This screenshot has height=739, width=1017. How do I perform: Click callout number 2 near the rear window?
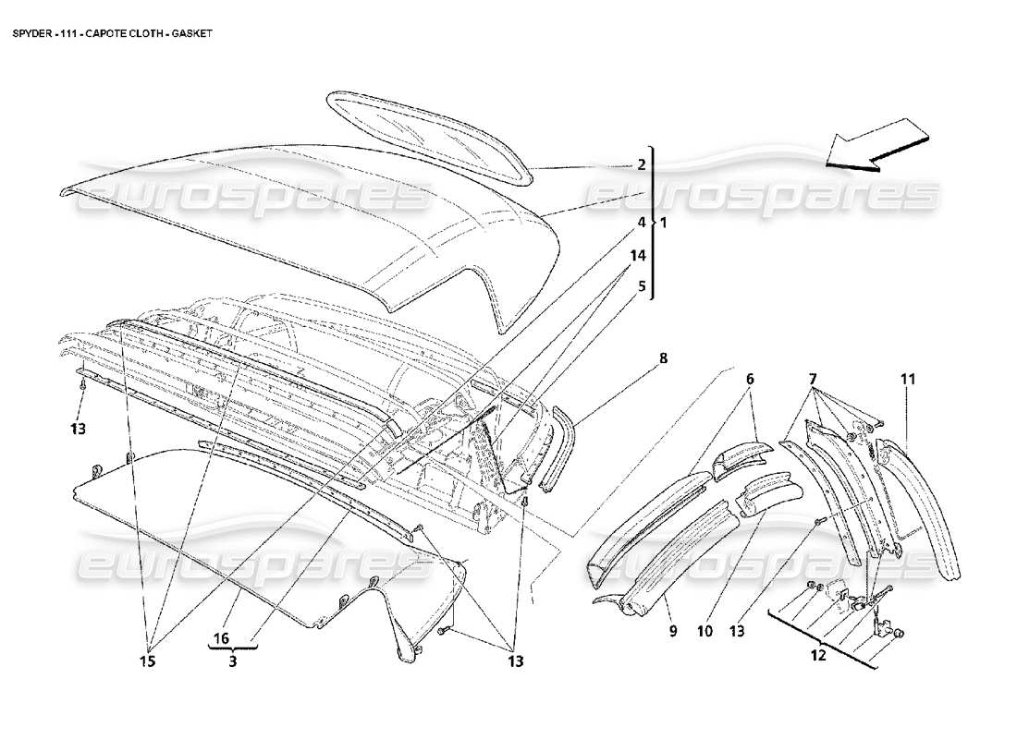pos(641,166)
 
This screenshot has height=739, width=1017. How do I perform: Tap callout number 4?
pos(641,223)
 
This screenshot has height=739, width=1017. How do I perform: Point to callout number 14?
pos(641,256)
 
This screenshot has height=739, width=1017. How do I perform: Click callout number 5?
pos(641,286)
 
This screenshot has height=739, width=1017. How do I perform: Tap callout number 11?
pos(908,379)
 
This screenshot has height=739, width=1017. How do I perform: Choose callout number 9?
pos(673,633)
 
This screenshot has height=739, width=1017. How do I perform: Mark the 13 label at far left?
pos(80,429)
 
